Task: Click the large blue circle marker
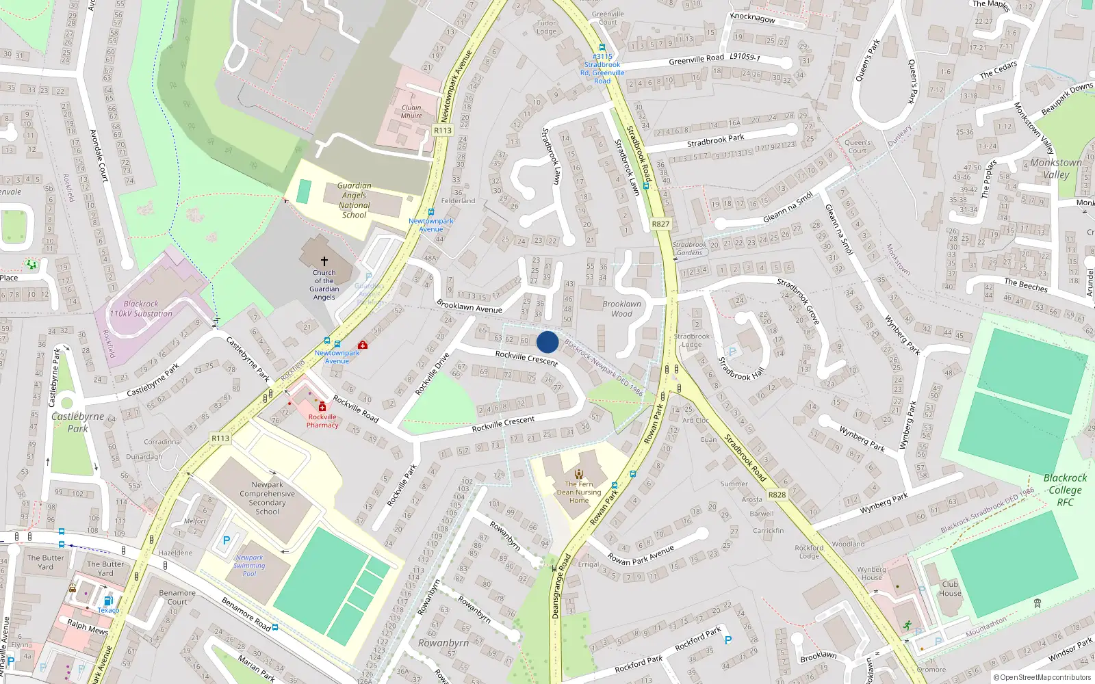tap(547, 342)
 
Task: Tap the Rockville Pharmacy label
tap(322, 421)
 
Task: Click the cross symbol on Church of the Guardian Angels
tap(324, 261)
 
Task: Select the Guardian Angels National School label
tap(354, 200)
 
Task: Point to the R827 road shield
tap(660, 224)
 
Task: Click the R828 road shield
tap(777, 495)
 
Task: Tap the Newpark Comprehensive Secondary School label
tap(267, 498)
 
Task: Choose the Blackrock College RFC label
tap(1065, 490)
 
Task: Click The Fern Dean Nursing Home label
tap(579, 492)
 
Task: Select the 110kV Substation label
tap(141, 308)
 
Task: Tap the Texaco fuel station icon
tap(108, 601)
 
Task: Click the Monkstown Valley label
tap(1056, 168)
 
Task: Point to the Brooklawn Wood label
tap(621, 308)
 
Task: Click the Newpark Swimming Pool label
tap(249, 566)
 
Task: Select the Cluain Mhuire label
tap(411, 111)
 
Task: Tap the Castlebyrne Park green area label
tap(77, 422)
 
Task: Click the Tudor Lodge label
tap(546, 27)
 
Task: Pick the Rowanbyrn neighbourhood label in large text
tap(443, 643)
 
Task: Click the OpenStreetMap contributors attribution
tap(1043, 678)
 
